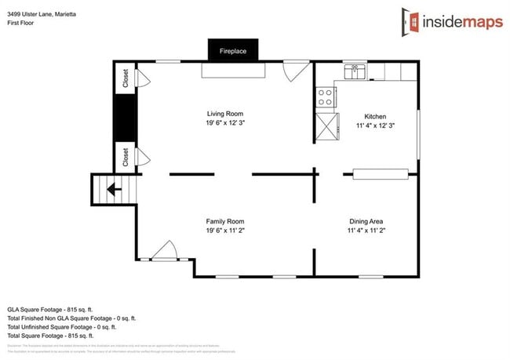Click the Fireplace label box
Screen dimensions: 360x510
(x=232, y=51)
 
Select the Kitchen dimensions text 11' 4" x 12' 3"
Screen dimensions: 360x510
(x=374, y=125)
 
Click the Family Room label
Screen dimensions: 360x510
(x=225, y=221)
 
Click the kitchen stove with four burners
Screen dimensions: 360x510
(x=325, y=97)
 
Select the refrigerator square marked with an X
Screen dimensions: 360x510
(x=326, y=126)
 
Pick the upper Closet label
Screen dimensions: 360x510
(x=125, y=78)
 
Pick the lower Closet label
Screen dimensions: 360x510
(x=125, y=157)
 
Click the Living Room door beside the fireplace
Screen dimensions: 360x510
(x=296, y=71)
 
